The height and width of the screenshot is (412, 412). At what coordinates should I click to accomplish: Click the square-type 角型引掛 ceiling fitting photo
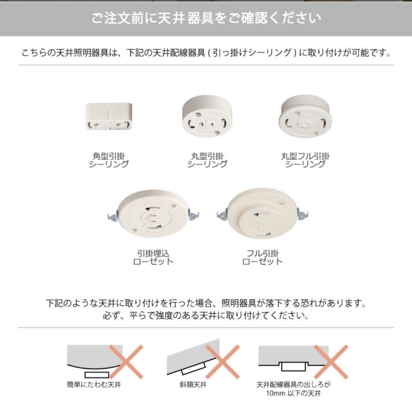point(109,117)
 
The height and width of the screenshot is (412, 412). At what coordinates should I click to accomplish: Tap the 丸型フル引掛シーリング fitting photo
point(306,117)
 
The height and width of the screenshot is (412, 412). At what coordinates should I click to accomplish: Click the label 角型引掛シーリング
point(109,160)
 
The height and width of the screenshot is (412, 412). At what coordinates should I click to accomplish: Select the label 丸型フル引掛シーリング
point(306,160)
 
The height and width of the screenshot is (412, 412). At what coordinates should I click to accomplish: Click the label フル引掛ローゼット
point(262,257)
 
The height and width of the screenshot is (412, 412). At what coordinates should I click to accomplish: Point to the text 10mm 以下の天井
point(294,393)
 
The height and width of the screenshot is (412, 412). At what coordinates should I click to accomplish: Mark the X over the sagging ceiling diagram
point(126,361)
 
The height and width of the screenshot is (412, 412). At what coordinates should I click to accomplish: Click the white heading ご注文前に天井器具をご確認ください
point(206,18)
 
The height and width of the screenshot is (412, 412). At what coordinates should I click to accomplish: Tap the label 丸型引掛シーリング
point(207,160)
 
